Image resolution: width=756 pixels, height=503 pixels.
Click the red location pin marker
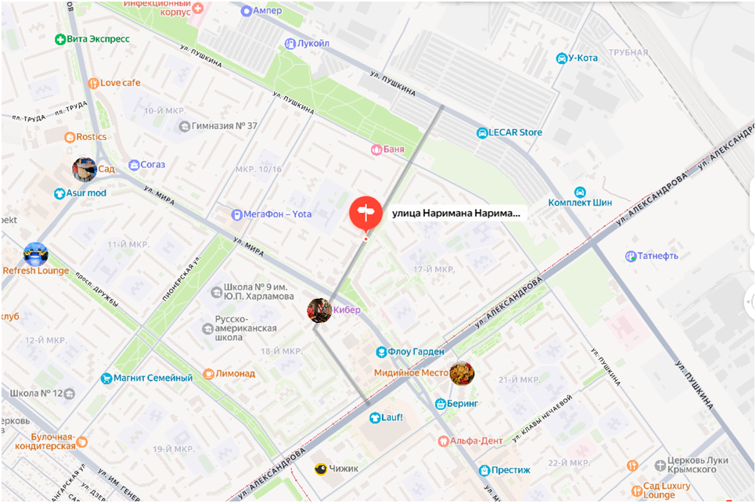click(x=365, y=213)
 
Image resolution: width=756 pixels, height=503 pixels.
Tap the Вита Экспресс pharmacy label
click(x=99, y=39)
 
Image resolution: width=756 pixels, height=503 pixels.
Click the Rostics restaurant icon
click(x=70, y=137)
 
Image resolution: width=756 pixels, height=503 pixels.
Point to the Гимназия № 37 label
click(x=225, y=126)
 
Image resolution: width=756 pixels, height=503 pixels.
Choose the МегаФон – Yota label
click(x=277, y=214)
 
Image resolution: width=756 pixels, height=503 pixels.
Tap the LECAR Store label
click(x=515, y=133)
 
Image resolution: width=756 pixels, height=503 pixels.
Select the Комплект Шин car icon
click(x=580, y=192)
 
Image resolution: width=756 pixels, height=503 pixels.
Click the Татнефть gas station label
click(x=657, y=256)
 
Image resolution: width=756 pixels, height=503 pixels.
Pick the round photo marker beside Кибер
click(x=319, y=310)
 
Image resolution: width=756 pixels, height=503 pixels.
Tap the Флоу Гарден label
click(x=416, y=352)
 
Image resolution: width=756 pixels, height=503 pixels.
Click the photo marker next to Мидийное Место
click(x=462, y=373)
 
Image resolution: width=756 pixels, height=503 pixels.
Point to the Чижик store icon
click(x=320, y=469)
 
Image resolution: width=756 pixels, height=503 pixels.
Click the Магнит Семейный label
click(x=153, y=379)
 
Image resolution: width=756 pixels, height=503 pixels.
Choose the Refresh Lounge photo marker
click(x=36, y=254)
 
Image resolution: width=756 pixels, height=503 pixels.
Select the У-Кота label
click(x=582, y=58)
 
